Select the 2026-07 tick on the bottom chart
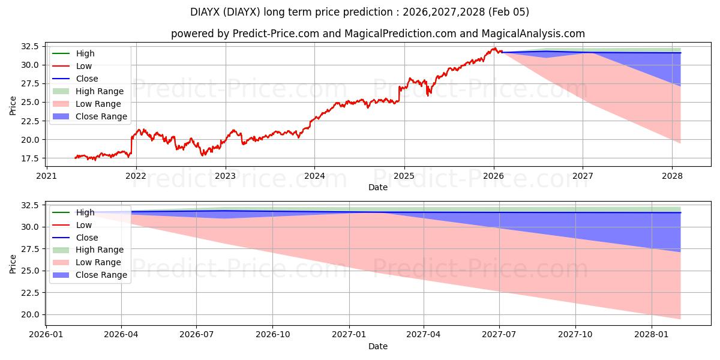(197, 335)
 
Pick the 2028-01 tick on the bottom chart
(652, 335)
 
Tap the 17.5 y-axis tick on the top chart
(29, 158)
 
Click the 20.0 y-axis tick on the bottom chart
(29, 314)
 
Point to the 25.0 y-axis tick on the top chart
(29, 102)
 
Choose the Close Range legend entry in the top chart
(101, 116)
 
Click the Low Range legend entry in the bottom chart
(98, 262)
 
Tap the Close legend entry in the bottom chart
(86, 238)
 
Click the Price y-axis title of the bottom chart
(13, 263)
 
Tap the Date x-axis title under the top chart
(378, 187)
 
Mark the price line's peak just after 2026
(494, 48)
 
